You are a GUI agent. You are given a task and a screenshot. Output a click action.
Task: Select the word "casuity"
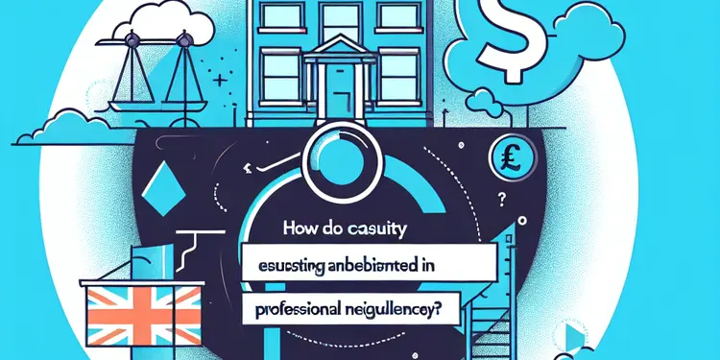coord(382,231)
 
